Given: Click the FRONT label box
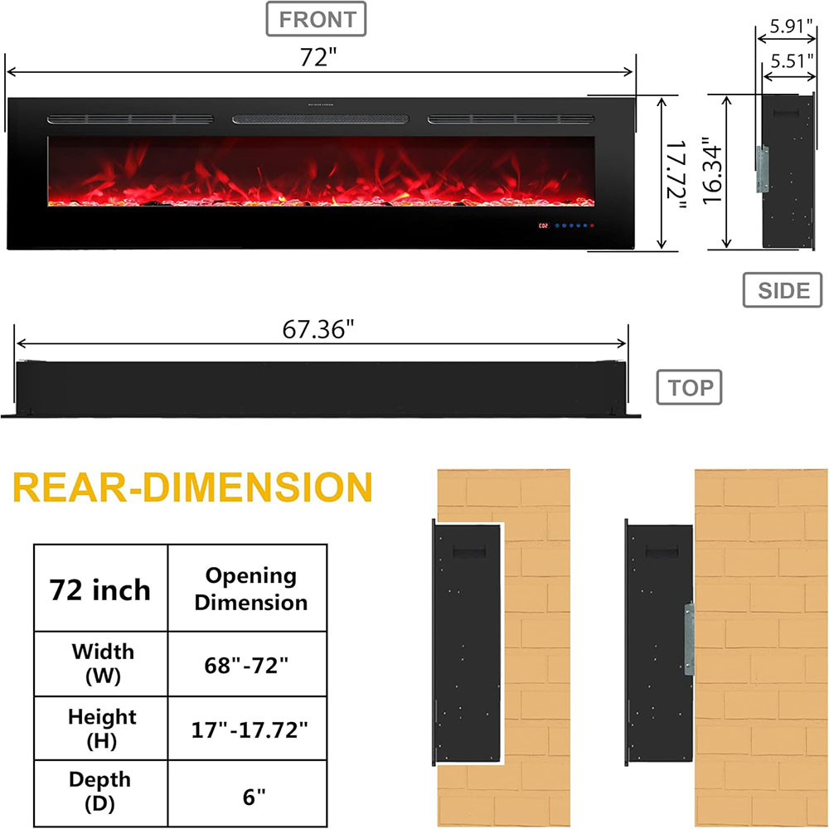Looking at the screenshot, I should pos(315,20).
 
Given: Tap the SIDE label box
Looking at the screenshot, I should pos(783,290).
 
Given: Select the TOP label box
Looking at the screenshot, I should pos(690,387).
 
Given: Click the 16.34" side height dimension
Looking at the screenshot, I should pos(710,172).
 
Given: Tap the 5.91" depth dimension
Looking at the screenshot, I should pos(793,26).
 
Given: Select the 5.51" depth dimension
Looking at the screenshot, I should pos(793,61).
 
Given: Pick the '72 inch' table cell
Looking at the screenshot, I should pos(100,589).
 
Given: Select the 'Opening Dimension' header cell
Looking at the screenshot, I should pos(250,589).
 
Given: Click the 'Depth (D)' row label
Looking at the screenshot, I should pos(100,792).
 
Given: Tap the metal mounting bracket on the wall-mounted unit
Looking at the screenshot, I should pos(688,638).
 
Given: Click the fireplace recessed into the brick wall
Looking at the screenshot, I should pos(467,642).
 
